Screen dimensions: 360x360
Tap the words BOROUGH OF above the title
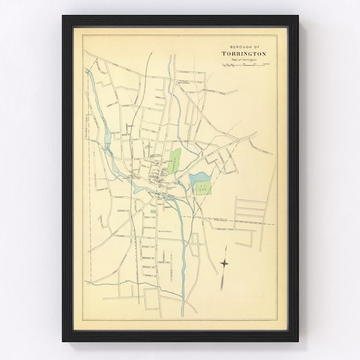242,47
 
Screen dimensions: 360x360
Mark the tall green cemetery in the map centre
173,162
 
